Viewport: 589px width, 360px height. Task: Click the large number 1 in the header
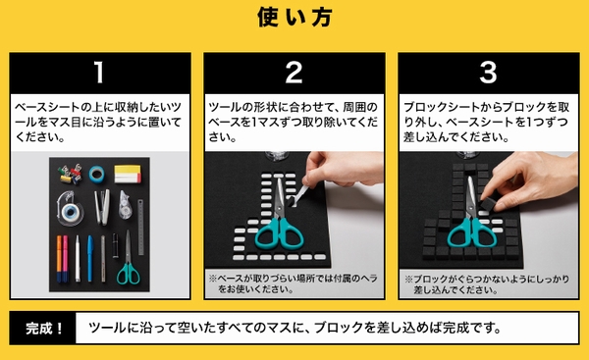pyautogui.click(x=99, y=72)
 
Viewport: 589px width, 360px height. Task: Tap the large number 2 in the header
pyautogui.click(x=294, y=72)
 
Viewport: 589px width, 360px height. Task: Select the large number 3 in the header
pyautogui.click(x=488, y=72)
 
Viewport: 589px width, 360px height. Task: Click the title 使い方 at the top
pyautogui.click(x=294, y=18)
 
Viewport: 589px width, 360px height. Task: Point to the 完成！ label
pyautogui.click(x=44, y=329)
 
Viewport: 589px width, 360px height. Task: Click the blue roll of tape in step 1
pyautogui.click(x=97, y=175)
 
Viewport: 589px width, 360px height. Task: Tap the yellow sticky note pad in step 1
pyautogui.click(x=128, y=174)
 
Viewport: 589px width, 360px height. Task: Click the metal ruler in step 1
pyautogui.click(x=140, y=228)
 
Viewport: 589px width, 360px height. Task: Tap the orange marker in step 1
pyautogui.click(x=59, y=259)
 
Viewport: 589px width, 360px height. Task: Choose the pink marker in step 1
pyautogui.click(x=65, y=259)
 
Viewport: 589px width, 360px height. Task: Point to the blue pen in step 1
pyautogui.click(x=90, y=259)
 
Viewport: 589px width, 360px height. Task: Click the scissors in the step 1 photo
pyautogui.click(x=128, y=258)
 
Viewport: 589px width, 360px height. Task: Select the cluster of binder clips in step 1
pyautogui.click(x=71, y=175)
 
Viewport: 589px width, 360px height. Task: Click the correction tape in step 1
pyautogui.click(x=125, y=205)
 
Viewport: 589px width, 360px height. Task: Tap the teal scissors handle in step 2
pyautogui.click(x=279, y=233)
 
